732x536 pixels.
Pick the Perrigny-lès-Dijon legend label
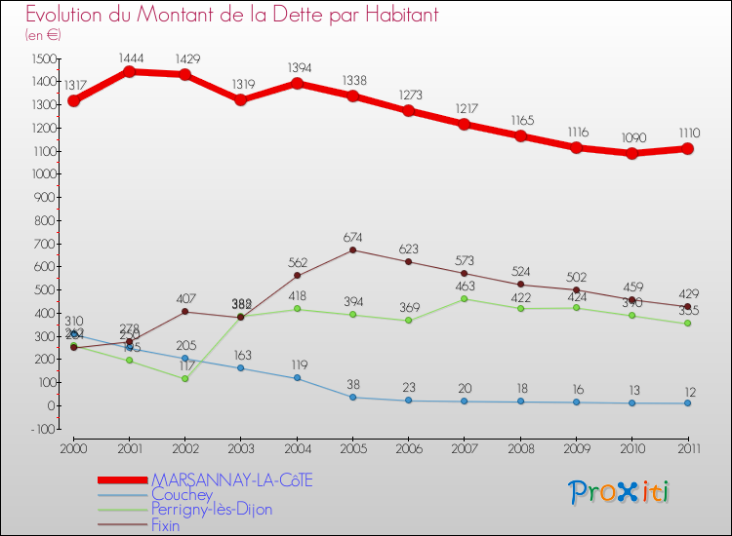[211, 510]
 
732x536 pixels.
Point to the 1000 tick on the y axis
[41, 175]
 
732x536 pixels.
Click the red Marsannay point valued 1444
[129, 71]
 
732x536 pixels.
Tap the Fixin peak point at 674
[352, 249]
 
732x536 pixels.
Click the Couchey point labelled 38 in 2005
[352, 397]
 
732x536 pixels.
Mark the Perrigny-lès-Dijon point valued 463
[464, 298]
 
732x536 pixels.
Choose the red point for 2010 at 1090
[631, 153]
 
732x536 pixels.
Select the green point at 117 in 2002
[184, 378]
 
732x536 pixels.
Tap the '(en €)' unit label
[43, 35]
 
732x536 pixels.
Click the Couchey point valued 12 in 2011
[687, 402]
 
